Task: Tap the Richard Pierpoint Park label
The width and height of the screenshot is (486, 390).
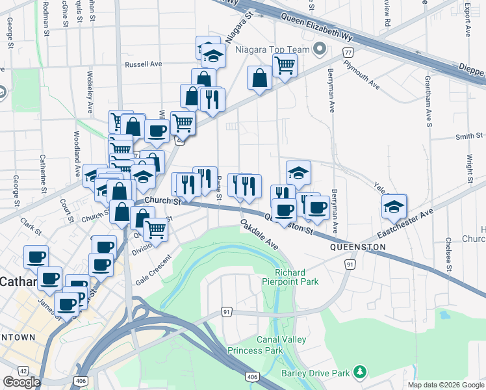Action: [x=297, y=276]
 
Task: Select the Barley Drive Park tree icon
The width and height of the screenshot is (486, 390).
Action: [x=359, y=372]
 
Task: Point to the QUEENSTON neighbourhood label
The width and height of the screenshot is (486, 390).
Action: [x=358, y=248]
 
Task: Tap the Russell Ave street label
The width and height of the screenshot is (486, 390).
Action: [x=144, y=64]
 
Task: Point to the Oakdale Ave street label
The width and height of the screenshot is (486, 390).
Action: [x=259, y=235]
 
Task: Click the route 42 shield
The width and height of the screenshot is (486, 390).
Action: [x=23, y=370]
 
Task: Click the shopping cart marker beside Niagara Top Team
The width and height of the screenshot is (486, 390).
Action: [x=285, y=65]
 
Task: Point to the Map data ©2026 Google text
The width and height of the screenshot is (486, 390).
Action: [x=445, y=385]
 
